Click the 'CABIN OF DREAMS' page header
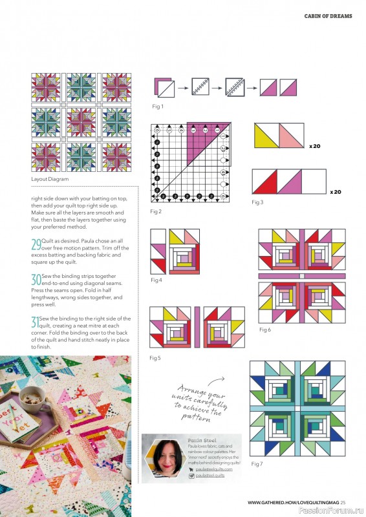pos(328,16)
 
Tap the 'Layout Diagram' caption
pos(49,179)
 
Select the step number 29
pos(36,244)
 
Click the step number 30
pos(36,280)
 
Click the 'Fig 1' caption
pos(157,106)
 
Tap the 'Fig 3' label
pos(257,202)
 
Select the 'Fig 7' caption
pos(256,464)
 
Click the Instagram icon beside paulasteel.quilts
pos(191,476)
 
